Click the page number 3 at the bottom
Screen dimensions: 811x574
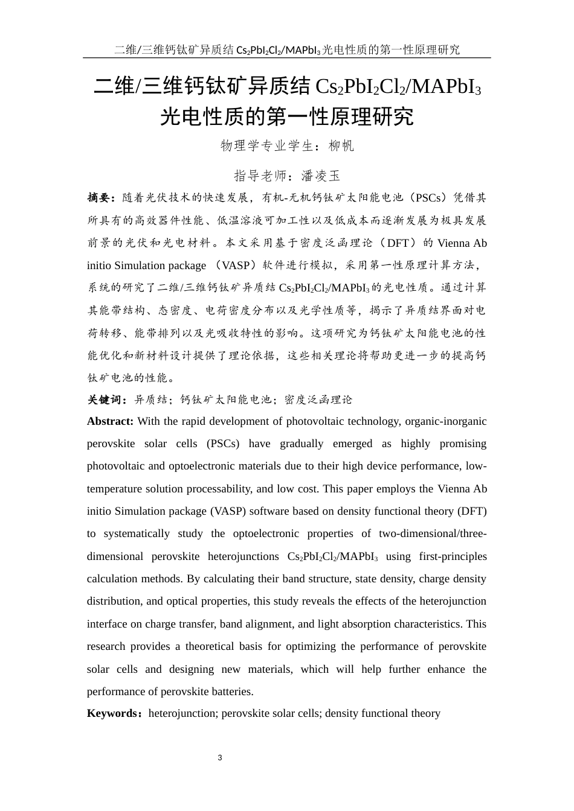coord(220,758)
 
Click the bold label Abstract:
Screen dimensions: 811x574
coord(110,421)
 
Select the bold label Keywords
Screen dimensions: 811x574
coord(113,713)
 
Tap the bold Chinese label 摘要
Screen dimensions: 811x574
coord(99,198)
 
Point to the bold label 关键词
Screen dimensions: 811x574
coord(106,399)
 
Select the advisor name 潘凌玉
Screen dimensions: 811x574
coord(321,176)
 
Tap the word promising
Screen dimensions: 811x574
coord(463,444)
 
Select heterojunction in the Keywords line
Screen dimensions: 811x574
coord(181,713)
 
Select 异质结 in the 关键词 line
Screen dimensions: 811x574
coord(150,399)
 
